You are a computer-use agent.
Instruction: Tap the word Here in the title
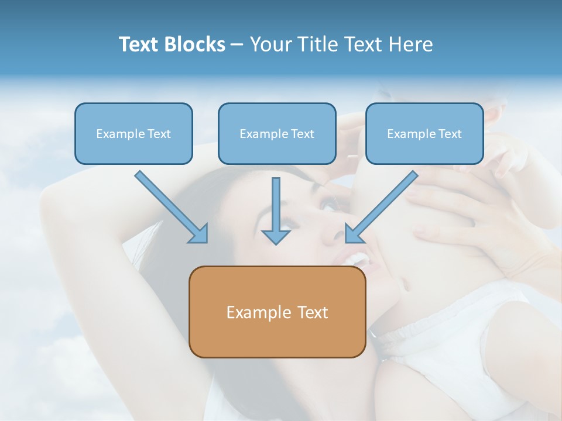coord(409,44)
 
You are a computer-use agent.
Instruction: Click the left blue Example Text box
coord(133,134)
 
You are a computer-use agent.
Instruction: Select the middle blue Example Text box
coord(277,134)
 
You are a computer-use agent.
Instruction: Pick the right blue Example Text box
coord(424,134)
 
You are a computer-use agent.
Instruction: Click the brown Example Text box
coord(277,312)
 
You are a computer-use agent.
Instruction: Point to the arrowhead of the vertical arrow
coord(276,237)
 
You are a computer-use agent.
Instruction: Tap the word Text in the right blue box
coord(450,134)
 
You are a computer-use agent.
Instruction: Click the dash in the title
coord(237,45)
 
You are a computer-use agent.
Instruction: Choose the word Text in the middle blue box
coord(303,134)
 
